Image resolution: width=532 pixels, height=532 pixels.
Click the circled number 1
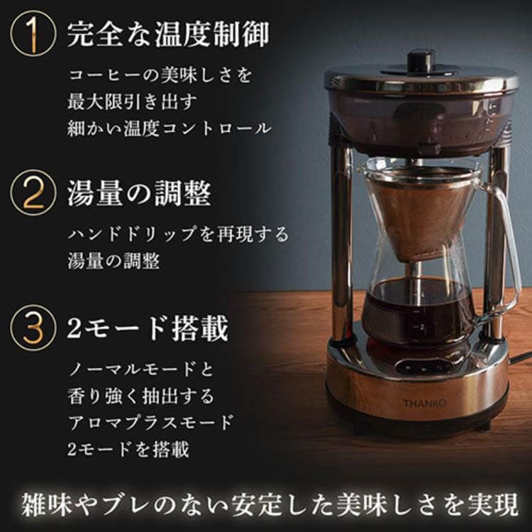33,33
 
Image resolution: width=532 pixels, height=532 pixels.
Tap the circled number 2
33,193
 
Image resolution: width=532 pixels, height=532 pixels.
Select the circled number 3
33,328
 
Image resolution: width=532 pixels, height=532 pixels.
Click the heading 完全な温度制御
168,34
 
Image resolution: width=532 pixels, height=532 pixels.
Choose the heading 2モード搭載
148,328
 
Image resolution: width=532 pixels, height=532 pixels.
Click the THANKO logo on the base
424,403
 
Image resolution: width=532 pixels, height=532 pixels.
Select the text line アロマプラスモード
150,423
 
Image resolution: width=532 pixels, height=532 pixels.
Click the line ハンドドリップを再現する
178,235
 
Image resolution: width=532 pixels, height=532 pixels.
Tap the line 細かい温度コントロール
170,128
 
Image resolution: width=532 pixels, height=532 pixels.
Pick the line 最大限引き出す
132,101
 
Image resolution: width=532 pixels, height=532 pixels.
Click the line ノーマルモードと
141,368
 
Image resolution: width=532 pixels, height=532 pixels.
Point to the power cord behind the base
519,358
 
